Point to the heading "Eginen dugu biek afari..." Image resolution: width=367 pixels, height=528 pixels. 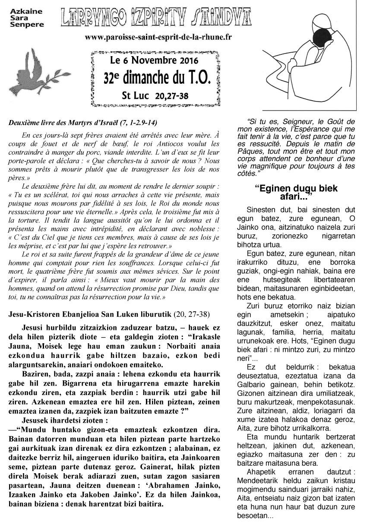[x=296, y=192]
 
